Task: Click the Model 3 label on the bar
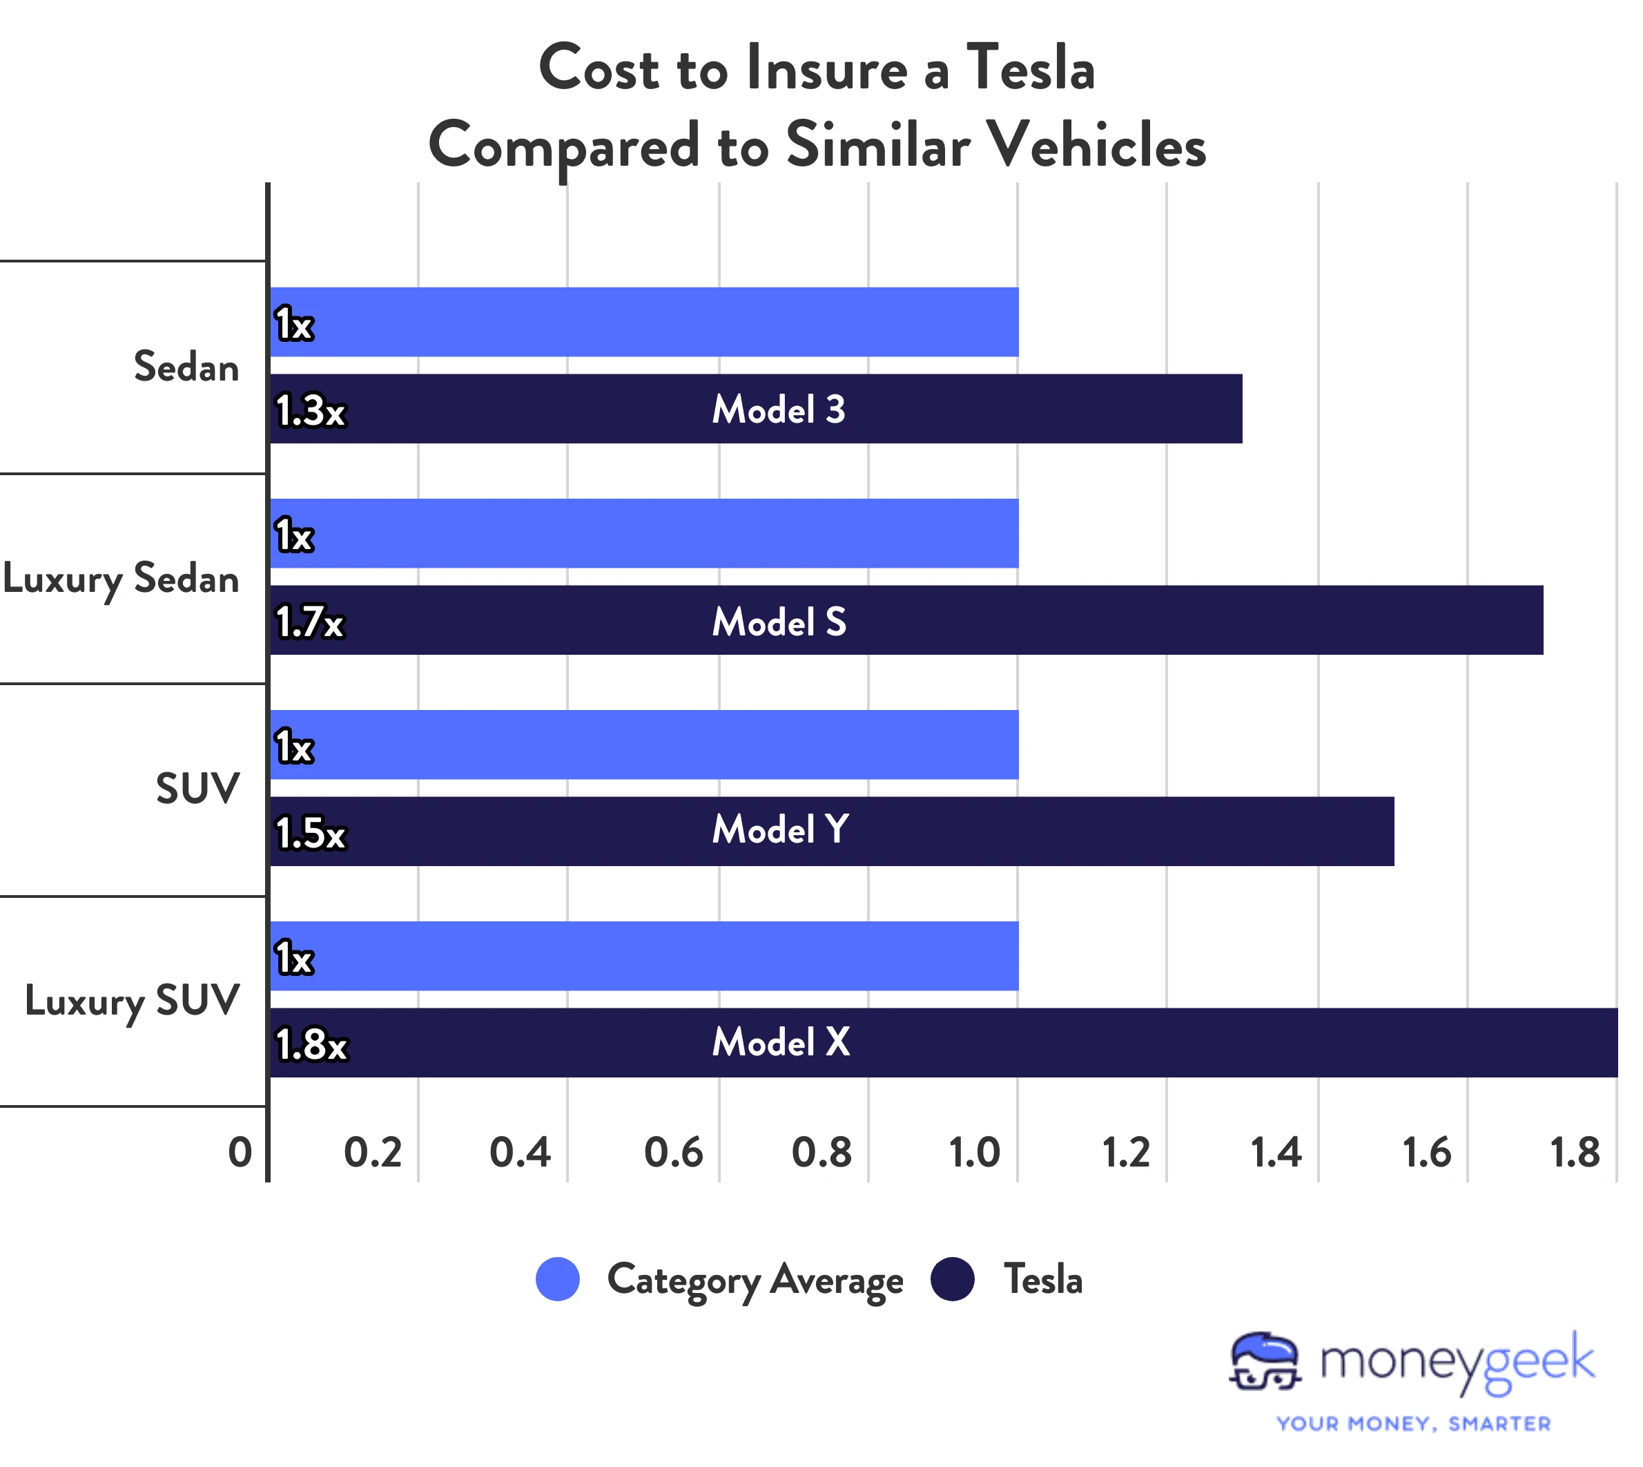[x=779, y=410]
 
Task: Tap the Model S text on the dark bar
[x=779, y=622]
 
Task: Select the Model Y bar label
[x=780, y=830]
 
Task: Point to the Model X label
[x=781, y=1042]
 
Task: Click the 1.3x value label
[x=310, y=411]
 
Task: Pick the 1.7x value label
[x=309, y=622]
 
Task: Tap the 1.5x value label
[x=310, y=834]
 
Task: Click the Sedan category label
[x=186, y=367]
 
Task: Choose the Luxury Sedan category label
[x=121, y=579]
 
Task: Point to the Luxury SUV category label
[x=132, y=1001]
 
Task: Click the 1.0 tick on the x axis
[x=974, y=1153]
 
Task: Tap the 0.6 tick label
[x=673, y=1153]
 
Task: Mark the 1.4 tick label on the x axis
[x=1276, y=1153]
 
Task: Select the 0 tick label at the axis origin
[x=240, y=1153]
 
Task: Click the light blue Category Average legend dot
[x=558, y=1279]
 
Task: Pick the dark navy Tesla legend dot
[x=953, y=1279]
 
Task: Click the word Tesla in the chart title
[x=1031, y=68]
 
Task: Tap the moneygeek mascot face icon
[x=1265, y=1362]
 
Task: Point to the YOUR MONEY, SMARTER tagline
[x=1413, y=1424]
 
